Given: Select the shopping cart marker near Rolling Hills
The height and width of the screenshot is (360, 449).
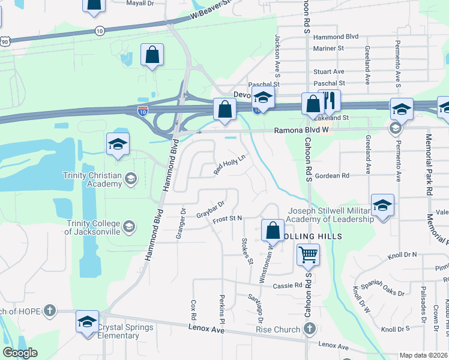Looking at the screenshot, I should coord(308,255).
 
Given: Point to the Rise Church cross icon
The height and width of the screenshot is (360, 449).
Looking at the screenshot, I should coord(309,328).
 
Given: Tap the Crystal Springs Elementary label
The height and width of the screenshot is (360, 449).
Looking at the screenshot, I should coord(125,331).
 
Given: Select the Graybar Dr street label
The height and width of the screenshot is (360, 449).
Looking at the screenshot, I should coord(210,208).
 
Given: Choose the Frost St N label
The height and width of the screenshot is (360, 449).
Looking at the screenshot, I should coord(226,221).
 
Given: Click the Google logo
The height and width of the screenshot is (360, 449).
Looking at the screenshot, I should coord(20,353).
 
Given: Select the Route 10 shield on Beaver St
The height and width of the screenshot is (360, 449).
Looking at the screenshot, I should coord(100,30).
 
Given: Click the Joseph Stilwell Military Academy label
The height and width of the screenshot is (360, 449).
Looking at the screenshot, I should coord(330,215).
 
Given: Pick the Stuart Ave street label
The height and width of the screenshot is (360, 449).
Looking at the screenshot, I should coord(329,71).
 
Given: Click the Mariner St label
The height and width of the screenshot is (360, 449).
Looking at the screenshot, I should coord(328,48).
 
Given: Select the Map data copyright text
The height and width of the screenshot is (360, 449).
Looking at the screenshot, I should coord(423,355).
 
